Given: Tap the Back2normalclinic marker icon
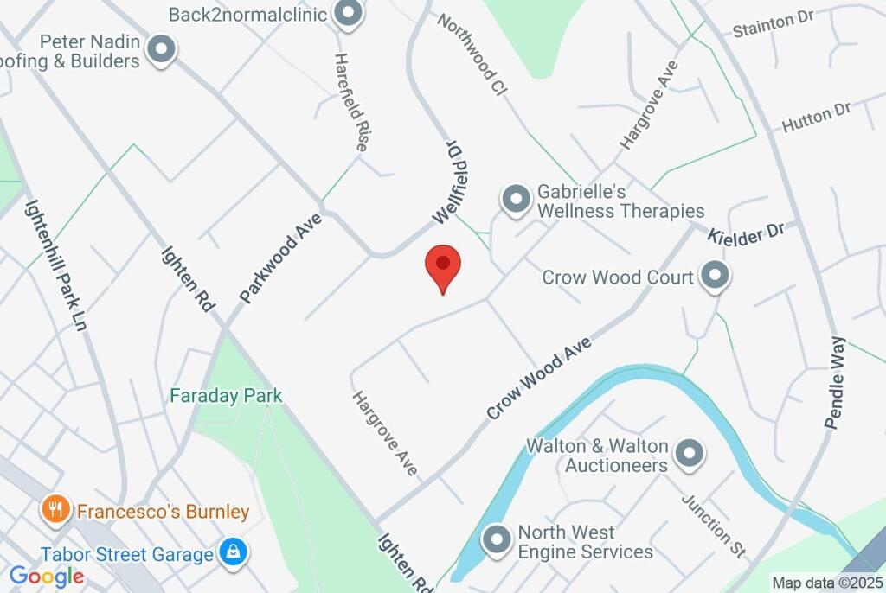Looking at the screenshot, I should pos(349,14).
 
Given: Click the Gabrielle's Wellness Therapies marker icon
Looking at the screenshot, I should pos(517,200).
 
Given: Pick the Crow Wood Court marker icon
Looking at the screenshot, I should pos(715,277).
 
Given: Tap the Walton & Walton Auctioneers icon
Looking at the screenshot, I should pos(690,453).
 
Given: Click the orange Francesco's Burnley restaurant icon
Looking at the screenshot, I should pos(55,510).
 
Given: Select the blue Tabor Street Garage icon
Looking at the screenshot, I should pos(232,552).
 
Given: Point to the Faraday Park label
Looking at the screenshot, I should pos(226,396).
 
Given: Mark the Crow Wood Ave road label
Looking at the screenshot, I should pos(538,378).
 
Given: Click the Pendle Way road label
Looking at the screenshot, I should pos(834,381).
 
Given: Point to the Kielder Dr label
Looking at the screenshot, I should pos(745,233).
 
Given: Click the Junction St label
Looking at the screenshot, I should pos(713,525).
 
